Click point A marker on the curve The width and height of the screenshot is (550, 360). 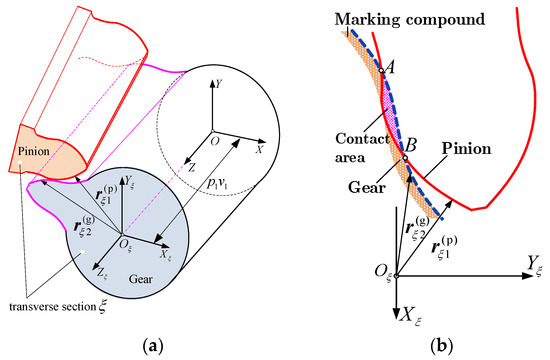pos(381,71)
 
